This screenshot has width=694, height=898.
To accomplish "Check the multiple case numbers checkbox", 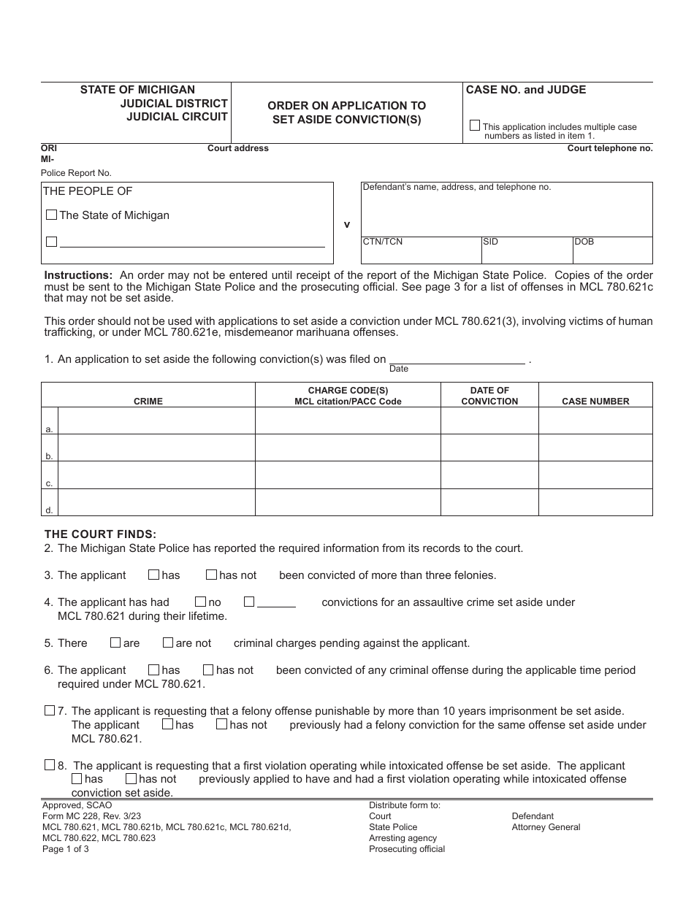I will point(475,126).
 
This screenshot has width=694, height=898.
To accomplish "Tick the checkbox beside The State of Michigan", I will point(51,215).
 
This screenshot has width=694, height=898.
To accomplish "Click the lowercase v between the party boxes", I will point(347,225).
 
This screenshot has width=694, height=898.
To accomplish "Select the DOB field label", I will point(584,242).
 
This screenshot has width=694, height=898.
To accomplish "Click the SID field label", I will point(491,242).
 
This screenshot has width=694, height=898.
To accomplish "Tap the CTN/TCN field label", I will point(383,242).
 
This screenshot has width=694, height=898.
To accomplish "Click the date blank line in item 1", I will point(457,358).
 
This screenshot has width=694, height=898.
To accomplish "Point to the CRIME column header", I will point(148,402).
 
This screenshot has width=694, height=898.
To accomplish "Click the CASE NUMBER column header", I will point(595,402).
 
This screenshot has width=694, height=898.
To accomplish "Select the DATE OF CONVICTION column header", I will point(489,396).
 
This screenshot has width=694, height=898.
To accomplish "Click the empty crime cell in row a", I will point(156,421).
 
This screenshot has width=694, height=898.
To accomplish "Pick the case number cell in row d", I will point(595,502).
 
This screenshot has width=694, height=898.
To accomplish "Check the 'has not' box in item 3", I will point(211,575).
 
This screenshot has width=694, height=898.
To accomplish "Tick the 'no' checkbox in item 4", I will point(200,602).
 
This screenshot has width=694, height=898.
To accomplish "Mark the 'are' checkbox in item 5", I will point(115,643).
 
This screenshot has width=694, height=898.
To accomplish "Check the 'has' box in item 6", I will point(153,670).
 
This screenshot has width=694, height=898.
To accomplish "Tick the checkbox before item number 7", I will point(50,710).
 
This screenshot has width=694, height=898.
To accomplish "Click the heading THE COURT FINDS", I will point(101,534).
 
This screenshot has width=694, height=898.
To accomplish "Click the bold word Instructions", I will point(79,275).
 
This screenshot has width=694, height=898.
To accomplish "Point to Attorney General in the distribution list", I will point(546,827).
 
